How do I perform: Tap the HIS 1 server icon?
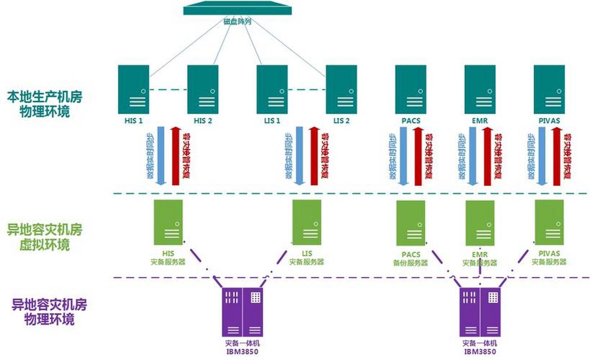pos(134,89)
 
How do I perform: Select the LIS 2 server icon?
pos(342,89)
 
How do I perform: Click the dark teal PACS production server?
pos(410,89)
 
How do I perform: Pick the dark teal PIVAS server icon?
pos(549,89)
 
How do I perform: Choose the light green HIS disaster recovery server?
pos(168,222)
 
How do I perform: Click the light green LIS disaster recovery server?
pos(306,222)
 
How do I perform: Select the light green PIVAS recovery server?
pos(549,222)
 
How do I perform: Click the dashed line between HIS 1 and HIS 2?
pos(168,90)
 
